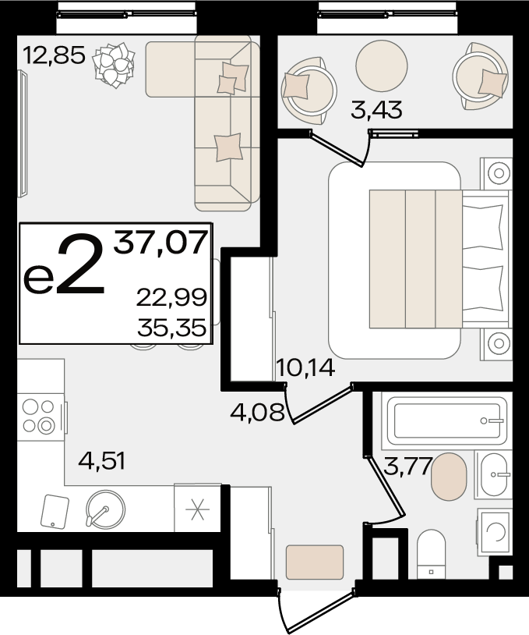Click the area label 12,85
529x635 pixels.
(x=55, y=55)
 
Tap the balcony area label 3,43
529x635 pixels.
(x=376, y=109)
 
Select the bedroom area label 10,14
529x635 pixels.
(x=305, y=367)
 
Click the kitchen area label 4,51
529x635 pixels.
(x=101, y=461)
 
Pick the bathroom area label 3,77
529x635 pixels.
(x=407, y=466)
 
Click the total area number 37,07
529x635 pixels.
(x=160, y=242)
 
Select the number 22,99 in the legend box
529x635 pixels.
(x=171, y=297)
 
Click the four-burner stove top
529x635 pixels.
(x=40, y=417)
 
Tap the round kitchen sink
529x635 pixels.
(x=105, y=509)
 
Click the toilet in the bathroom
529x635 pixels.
(x=431, y=555)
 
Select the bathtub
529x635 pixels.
(x=447, y=420)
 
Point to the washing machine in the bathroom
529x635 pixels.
(x=495, y=532)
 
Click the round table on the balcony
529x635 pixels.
(x=382, y=66)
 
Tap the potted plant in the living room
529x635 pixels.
(x=114, y=66)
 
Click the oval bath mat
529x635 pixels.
(x=449, y=477)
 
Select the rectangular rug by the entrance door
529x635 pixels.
(x=315, y=562)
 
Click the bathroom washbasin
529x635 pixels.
(x=494, y=474)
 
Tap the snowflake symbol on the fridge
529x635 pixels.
(x=197, y=509)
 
